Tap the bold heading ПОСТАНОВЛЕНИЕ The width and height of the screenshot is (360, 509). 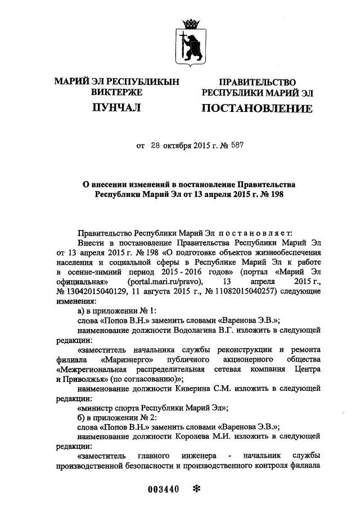click(256, 108)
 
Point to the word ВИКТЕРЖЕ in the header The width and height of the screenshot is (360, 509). click(116, 92)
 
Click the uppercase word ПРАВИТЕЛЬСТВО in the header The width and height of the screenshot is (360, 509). click(256, 82)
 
